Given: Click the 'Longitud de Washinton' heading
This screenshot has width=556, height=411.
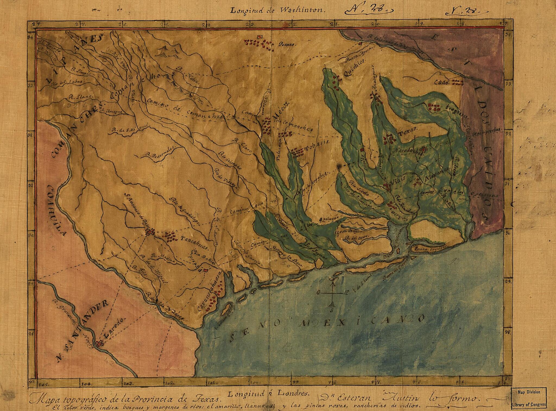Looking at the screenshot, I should (277, 10).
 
